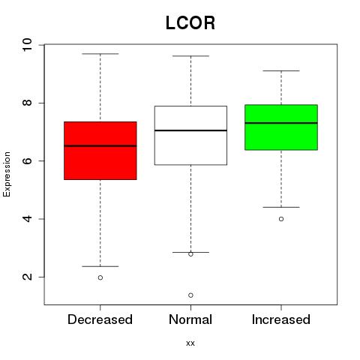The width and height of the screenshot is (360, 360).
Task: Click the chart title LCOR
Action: point(190,23)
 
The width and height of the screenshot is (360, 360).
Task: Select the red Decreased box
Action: point(100,151)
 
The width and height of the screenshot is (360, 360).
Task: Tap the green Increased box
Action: point(281,127)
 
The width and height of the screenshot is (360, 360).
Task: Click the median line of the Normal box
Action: point(190,130)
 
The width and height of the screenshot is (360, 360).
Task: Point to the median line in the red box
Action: point(100,145)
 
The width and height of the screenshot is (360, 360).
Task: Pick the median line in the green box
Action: point(281,123)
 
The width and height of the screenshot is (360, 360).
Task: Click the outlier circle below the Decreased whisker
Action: point(100,277)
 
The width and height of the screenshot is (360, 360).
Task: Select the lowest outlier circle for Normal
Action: point(190,295)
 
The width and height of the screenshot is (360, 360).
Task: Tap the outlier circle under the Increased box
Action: point(281,219)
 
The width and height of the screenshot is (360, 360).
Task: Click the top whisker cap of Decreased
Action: point(100,54)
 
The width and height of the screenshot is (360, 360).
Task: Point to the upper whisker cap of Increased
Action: point(281,71)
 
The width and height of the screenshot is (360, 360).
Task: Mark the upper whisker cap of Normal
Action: point(190,56)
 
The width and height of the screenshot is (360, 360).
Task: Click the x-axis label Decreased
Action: point(100,319)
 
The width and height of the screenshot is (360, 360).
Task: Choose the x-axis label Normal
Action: point(190,319)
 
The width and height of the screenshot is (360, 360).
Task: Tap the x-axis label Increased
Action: point(281,319)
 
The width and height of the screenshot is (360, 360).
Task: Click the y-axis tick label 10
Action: point(27,45)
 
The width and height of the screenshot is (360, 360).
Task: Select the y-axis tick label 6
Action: point(27,160)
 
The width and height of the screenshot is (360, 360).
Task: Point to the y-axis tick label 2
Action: point(27,277)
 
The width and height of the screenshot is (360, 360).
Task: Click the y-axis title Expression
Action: point(7,174)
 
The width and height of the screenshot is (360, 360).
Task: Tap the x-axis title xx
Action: point(190,343)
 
